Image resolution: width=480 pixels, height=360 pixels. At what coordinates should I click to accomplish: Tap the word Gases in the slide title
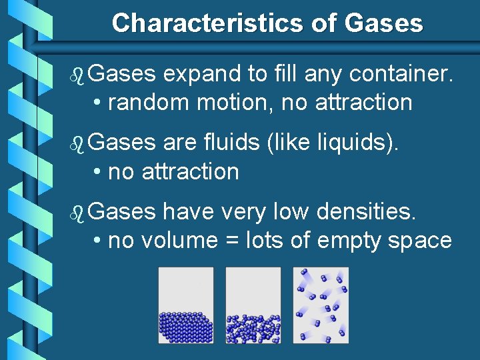[x=384, y=23]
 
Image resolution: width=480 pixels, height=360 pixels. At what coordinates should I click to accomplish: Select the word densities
[x=367, y=212]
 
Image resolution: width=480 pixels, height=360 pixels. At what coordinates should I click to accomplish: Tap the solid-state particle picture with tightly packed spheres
[x=186, y=305]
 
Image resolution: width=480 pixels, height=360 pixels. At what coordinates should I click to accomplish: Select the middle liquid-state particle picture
[x=253, y=305]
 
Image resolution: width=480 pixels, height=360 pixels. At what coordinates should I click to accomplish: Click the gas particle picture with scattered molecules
[x=321, y=305]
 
